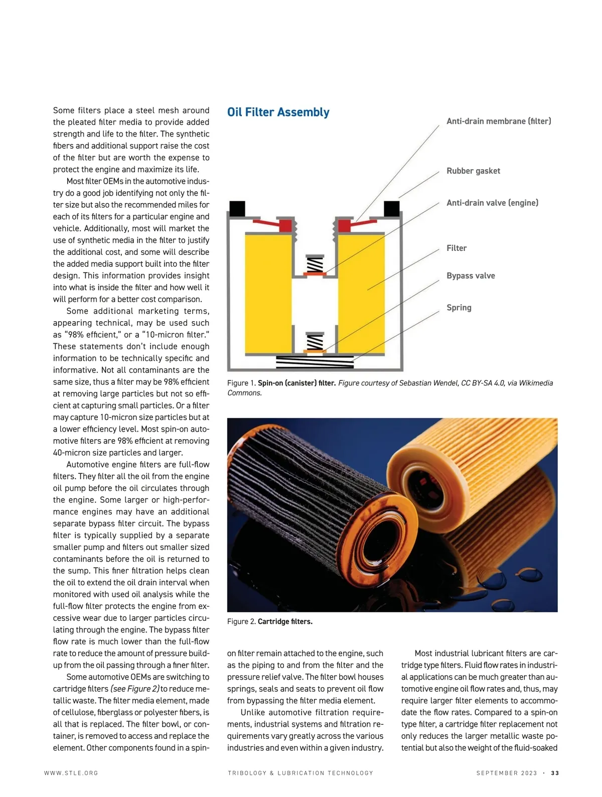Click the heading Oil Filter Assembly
pos(278,112)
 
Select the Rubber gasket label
pos(473,171)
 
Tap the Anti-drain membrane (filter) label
pos(499,121)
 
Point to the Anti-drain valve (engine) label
pos(492,203)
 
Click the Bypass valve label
pos(471,276)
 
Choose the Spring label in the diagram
pos(459,307)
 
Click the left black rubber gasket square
pos(237,208)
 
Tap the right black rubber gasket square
pos(392,208)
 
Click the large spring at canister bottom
pos(315,361)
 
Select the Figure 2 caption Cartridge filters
pos(285,621)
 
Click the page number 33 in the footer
pos(555,773)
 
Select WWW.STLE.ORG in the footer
pos(71,773)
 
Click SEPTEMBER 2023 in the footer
pos(507,773)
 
